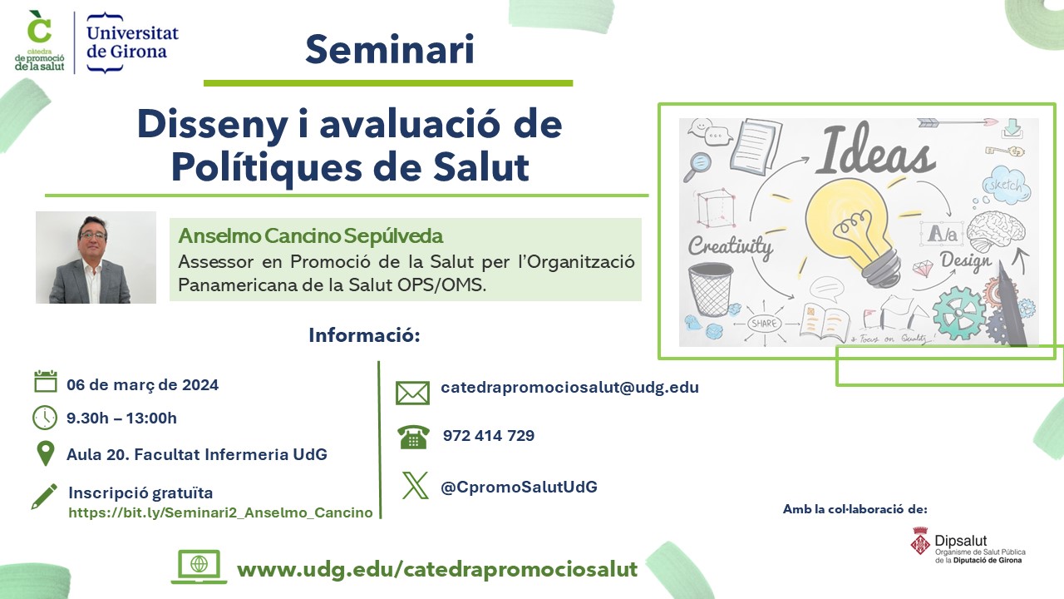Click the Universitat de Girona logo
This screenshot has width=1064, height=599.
point(132,42)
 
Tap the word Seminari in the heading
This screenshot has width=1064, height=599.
point(390,49)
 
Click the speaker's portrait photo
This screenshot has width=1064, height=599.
point(96,257)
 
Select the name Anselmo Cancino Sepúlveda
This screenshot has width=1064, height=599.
point(311,235)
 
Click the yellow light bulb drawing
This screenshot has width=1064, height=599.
point(853,233)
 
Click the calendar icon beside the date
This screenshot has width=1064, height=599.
point(46,381)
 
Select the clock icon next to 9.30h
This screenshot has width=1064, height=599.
point(45,418)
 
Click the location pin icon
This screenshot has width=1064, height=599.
point(46,454)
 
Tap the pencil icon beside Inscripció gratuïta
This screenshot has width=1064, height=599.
point(44,497)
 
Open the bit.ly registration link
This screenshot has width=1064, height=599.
point(221,512)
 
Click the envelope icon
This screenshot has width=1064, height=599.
point(412,394)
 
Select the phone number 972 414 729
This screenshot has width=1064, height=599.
point(489,435)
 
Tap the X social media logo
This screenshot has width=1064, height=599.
point(415,485)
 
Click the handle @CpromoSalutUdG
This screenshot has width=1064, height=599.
point(520,487)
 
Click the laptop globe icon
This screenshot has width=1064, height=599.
point(199,567)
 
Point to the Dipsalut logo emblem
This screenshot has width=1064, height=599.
point(920,541)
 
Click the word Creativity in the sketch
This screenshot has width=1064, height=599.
point(730,247)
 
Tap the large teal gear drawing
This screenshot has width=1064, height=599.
point(958,311)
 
